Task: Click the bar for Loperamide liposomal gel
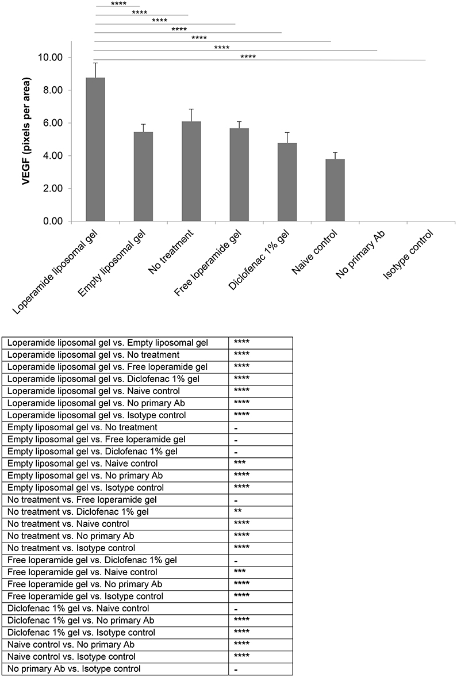click(x=95, y=150)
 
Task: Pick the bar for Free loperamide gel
click(x=239, y=175)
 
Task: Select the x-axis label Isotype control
click(x=408, y=259)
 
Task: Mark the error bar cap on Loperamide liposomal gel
click(x=95, y=63)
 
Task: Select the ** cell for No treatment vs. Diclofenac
click(x=237, y=512)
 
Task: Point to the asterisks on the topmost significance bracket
click(x=119, y=3)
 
